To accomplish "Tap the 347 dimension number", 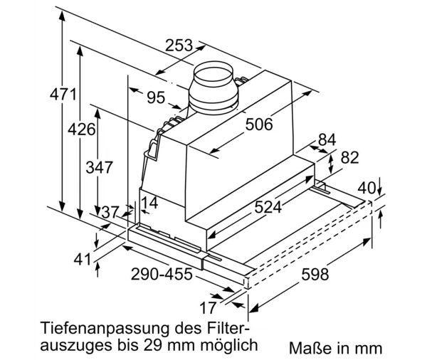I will pos(99,168).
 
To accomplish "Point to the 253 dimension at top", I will pos(179,46).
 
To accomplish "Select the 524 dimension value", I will pos(268,208).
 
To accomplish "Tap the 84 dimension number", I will pos(327,139).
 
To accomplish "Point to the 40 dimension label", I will pos(366,189).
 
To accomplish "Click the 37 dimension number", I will pos(109,211).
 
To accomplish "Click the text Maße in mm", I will pos(335,348).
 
